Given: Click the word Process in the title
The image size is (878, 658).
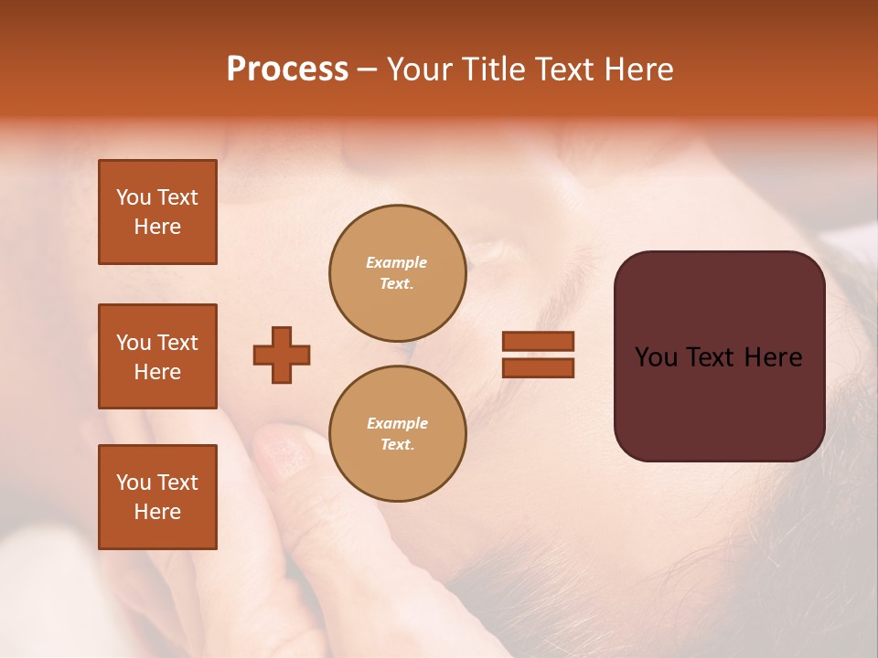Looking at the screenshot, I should (x=287, y=69).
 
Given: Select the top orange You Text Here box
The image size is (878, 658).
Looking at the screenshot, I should (x=157, y=212).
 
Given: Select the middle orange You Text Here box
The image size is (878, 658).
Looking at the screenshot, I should (x=157, y=356).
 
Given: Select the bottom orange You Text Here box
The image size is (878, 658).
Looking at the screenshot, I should (x=157, y=497).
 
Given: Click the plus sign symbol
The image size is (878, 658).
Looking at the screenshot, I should (x=282, y=355).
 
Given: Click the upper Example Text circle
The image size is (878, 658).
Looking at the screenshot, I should (x=397, y=273).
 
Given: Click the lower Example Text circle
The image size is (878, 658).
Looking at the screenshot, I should (x=397, y=434).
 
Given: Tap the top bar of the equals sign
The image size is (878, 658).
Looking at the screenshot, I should (x=538, y=341).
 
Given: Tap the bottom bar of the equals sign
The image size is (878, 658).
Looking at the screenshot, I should (x=538, y=367).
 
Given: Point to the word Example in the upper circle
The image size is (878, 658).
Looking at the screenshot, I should (x=396, y=262).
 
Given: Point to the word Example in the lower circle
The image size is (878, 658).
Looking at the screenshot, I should (x=397, y=423).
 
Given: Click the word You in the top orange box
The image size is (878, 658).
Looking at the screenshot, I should (x=133, y=197).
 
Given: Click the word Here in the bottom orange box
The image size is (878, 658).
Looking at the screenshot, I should (x=157, y=512).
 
